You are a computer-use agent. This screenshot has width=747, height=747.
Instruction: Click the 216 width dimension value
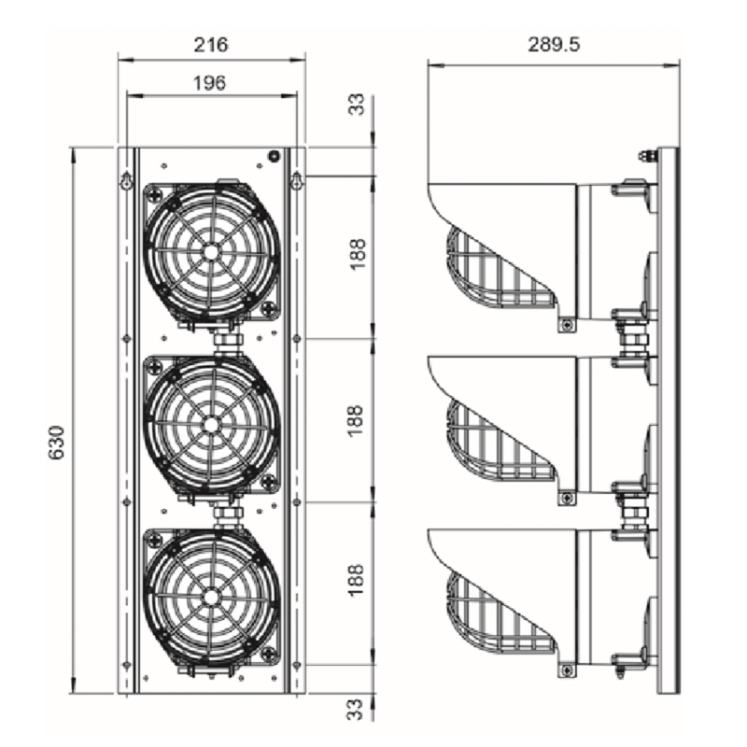211,45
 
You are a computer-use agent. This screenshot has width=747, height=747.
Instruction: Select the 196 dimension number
209,83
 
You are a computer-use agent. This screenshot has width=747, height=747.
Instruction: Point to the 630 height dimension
57,442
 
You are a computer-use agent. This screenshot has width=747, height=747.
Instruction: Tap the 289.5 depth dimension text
554,45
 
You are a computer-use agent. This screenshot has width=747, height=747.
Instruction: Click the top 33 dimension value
357,104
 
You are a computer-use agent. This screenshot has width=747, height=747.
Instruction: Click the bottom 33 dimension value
357,709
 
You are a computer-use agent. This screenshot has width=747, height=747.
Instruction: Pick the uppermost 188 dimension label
357,254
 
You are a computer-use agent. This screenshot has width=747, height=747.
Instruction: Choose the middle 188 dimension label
357,420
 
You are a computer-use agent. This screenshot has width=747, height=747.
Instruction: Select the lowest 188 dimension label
357,580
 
